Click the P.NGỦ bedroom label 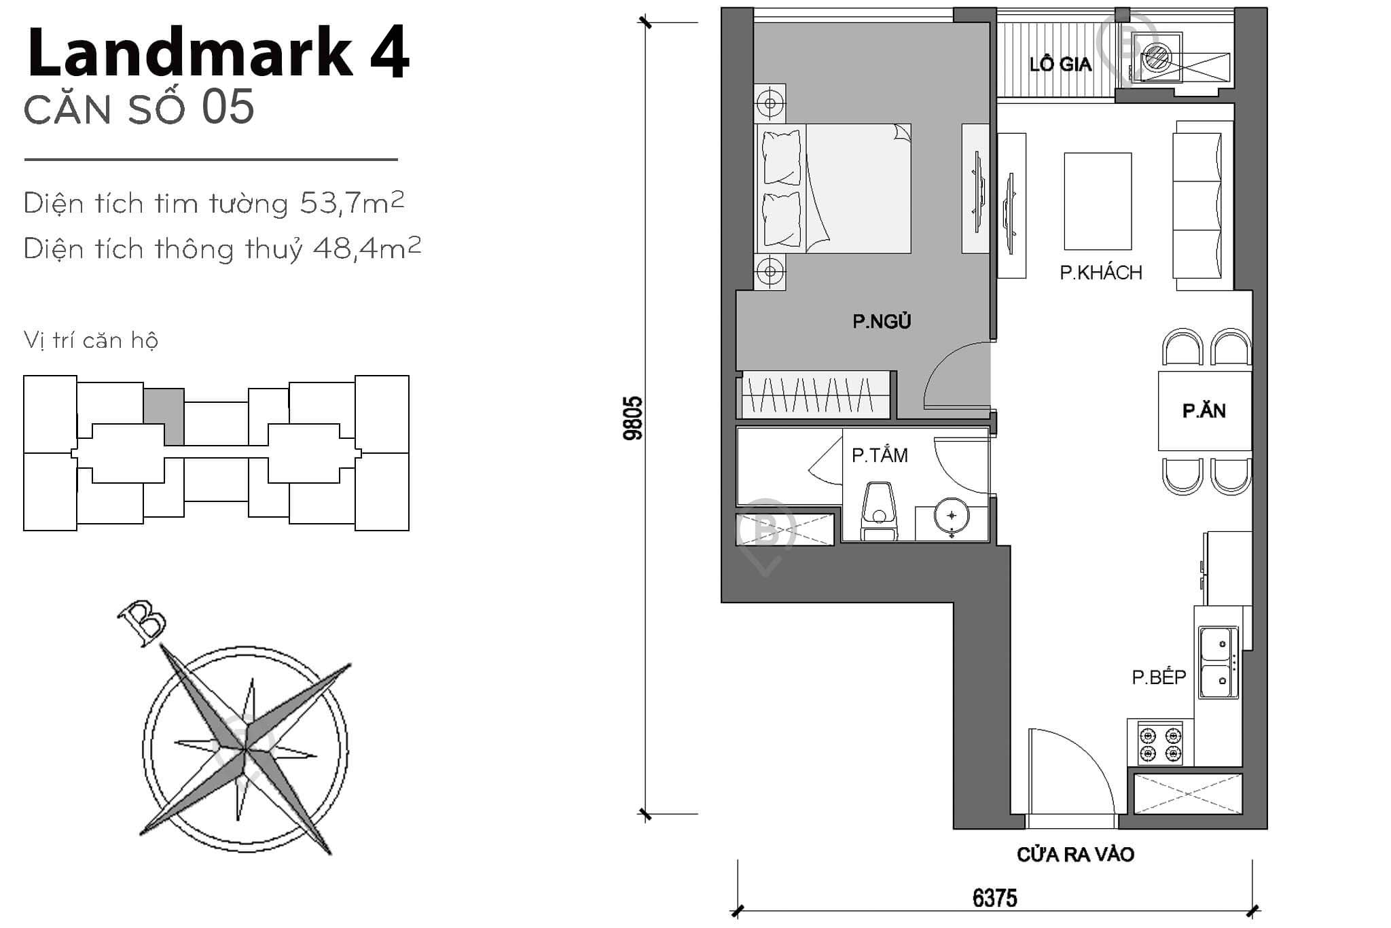(x=882, y=321)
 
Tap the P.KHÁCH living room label (x=1101, y=272)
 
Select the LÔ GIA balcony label (x=1060, y=65)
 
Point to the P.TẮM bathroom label (x=880, y=455)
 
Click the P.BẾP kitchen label (x=1159, y=677)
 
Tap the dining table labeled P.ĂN (x=1204, y=410)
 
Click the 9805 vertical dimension (x=632, y=418)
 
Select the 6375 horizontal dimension (x=995, y=898)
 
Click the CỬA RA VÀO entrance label (x=1075, y=855)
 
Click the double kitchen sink (x=1218, y=662)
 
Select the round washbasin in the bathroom (x=951, y=516)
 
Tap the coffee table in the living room (x=1098, y=201)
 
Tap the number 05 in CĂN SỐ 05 (x=228, y=107)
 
